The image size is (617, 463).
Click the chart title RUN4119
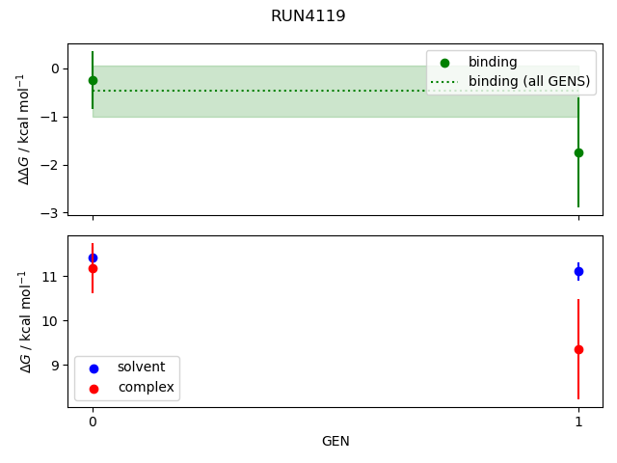(x=308, y=16)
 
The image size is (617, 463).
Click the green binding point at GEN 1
(x=578, y=152)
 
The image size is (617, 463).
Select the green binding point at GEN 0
(x=93, y=81)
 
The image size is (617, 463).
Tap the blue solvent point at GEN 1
(x=578, y=271)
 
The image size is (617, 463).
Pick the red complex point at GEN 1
(x=578, y=349)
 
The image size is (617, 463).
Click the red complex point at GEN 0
(x=93, y=268)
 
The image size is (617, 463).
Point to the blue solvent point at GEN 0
(x=93, y=258)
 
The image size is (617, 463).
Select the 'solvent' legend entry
(x=141, y=368)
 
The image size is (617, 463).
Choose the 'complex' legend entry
(x=146, y=387)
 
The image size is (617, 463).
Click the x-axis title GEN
(x=335, y=441)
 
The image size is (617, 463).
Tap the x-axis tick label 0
(x=93, y=422)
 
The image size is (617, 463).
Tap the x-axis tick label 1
(x=578, y=422)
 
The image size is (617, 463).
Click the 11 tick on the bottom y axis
(x=53, y=277)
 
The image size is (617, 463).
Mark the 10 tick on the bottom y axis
(x=53, y=320)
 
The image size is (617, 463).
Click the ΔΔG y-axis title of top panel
(x=25, y=129)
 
